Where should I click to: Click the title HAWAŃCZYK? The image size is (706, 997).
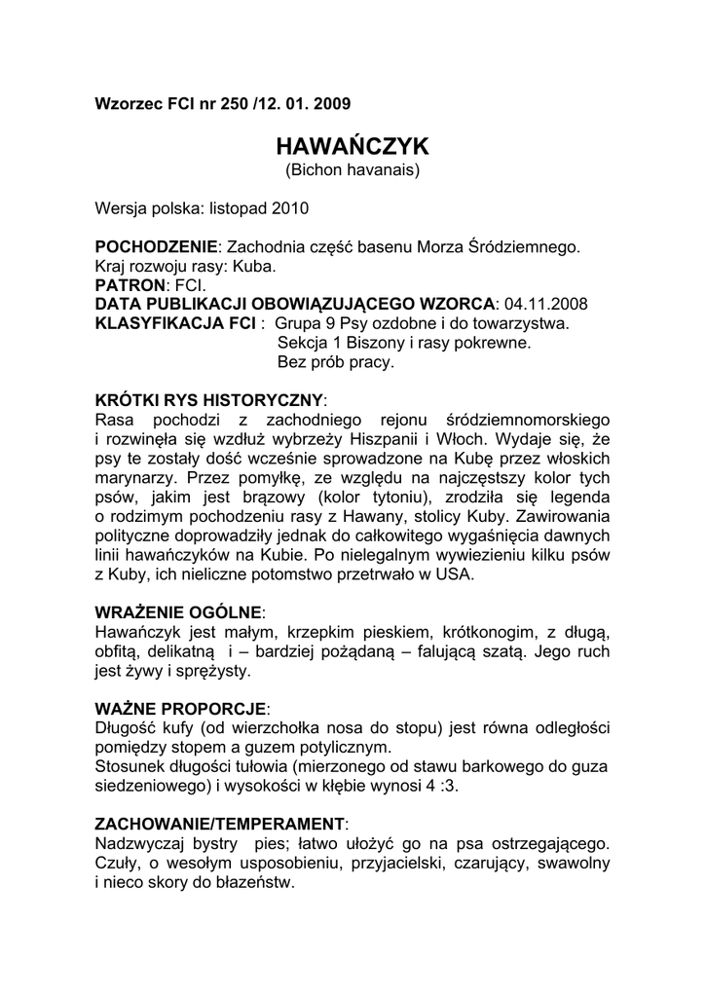click(x=353, y=146)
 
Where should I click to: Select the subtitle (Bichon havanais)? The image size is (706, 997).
click(x=353, y=170)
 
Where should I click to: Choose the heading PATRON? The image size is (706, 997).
click(x=130, y=284)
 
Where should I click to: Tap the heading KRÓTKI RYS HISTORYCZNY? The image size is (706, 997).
click(x=208, y=400)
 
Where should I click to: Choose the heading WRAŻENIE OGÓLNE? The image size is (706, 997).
click(x=178, y=612)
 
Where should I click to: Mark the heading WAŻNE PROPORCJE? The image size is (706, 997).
click(x=180, y=709)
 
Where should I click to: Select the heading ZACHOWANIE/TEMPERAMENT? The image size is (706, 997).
click(x=219, y=824)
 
